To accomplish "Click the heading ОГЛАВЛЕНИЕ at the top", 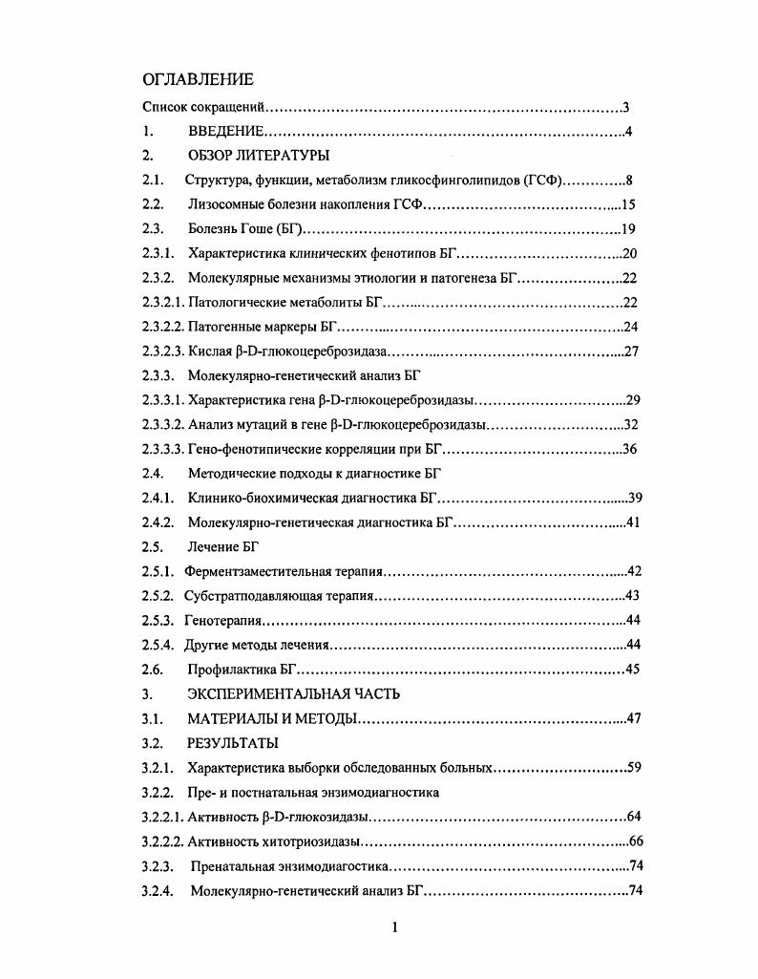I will (198, 79).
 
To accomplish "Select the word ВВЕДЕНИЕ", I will (225, 132).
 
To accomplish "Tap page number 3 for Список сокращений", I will (624, 107).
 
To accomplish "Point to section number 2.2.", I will (153, 204).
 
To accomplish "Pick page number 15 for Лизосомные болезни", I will (628, 204).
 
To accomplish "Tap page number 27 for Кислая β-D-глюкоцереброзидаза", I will (630, 351).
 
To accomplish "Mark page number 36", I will (629, 449).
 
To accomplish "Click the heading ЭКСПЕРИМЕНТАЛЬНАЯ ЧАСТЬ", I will (293, 694).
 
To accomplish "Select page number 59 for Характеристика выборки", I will (629, 767).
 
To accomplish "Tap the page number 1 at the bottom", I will (393, 927).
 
